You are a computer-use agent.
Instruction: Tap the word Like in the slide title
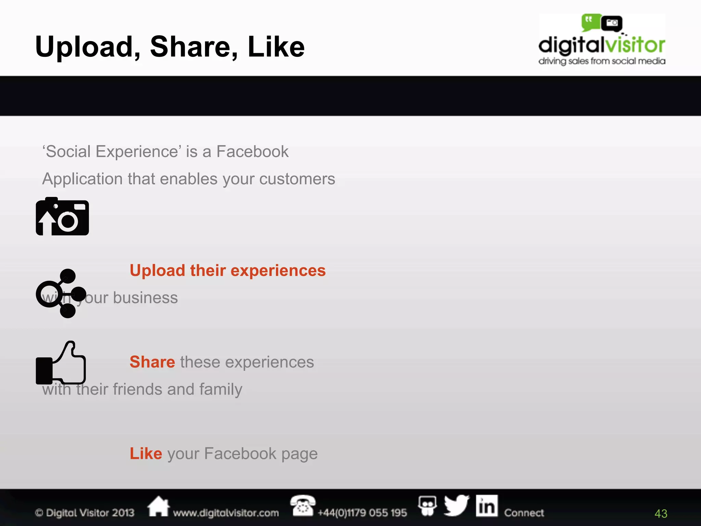(276, 47)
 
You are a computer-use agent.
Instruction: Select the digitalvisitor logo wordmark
(601, 45)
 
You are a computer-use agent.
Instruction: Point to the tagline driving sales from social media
(601, 61)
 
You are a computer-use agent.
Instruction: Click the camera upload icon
(62, 217)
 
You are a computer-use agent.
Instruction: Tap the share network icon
(61, 293)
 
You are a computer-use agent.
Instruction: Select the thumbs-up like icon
(61, 363)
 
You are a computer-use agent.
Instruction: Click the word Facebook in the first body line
(252, 152)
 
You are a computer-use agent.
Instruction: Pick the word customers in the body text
(297, 179)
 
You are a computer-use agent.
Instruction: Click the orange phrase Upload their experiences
(228, 271)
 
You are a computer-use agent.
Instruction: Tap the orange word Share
(152, 362)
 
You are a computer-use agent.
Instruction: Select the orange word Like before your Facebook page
(146, 453)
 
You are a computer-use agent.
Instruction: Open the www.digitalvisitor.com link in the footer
(226, 513)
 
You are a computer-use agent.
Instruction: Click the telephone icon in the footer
(302, 505)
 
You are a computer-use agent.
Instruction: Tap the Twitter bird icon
(457, 505)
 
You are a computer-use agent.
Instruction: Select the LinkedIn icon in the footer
(486, 506)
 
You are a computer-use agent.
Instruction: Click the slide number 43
(661, 514)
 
